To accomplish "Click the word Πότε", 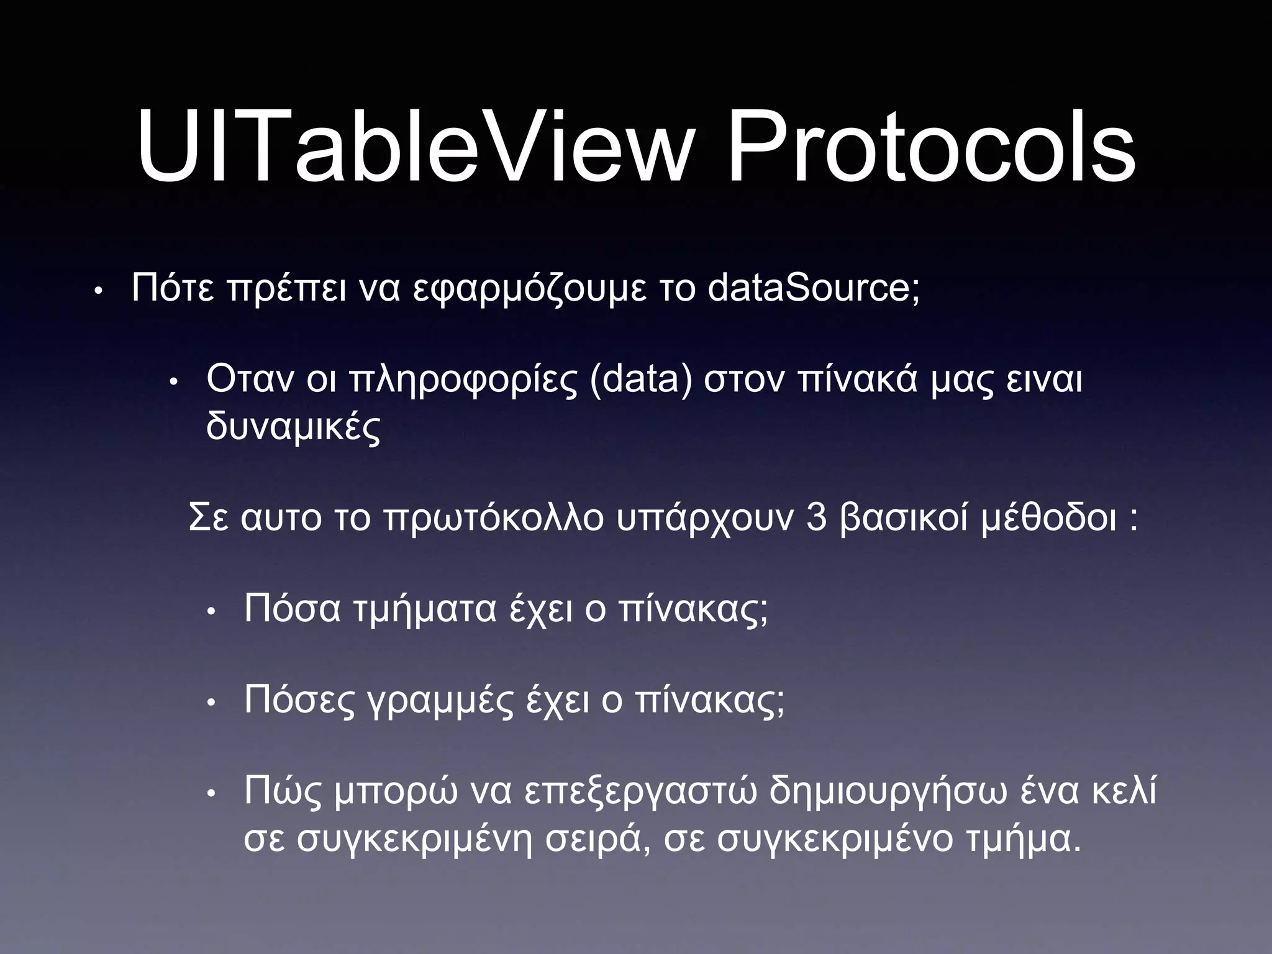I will pos(173,288).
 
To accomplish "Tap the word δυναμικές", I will pos(293,427).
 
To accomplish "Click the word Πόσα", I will pos(292,609).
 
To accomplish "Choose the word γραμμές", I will pos(441,702).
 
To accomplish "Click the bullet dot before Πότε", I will pos(98,291).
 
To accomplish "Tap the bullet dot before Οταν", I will pos(174,381).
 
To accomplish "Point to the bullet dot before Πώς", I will pos(211,794).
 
